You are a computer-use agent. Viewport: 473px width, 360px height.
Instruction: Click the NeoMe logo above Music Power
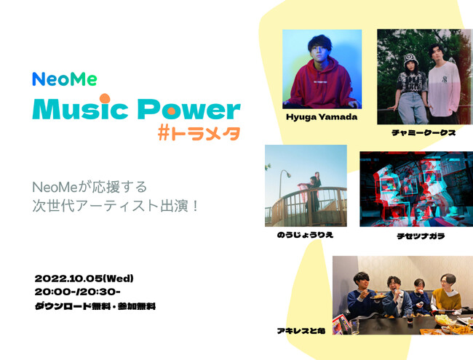(65, 79)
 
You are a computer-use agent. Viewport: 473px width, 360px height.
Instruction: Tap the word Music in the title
(80, 108)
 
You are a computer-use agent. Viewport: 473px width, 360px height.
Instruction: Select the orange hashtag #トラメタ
(199, 134)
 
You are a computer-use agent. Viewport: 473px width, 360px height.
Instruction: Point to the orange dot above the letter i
(105, 98)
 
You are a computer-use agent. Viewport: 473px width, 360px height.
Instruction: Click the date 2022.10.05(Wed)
(84, 279)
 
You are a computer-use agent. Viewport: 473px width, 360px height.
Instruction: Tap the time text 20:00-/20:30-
(78, 292)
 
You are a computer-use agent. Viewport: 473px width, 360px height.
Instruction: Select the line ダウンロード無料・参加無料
(95, 306)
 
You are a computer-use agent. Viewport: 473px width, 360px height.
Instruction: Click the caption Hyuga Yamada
(322, 117)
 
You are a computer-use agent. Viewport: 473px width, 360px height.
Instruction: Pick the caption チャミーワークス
(424, 132)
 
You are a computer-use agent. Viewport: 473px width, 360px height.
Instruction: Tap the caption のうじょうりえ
(306, 235)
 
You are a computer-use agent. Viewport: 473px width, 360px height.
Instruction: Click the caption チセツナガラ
(421, 236)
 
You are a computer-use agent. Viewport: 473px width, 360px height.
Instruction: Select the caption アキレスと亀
(301, 331)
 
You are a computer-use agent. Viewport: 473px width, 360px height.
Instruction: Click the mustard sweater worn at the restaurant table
(447, 298)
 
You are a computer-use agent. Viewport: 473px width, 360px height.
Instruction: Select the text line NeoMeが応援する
(90, 187)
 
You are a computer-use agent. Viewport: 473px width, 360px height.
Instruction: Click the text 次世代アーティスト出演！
(115, 206)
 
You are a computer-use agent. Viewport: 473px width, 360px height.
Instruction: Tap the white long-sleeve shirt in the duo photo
(444, 89)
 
